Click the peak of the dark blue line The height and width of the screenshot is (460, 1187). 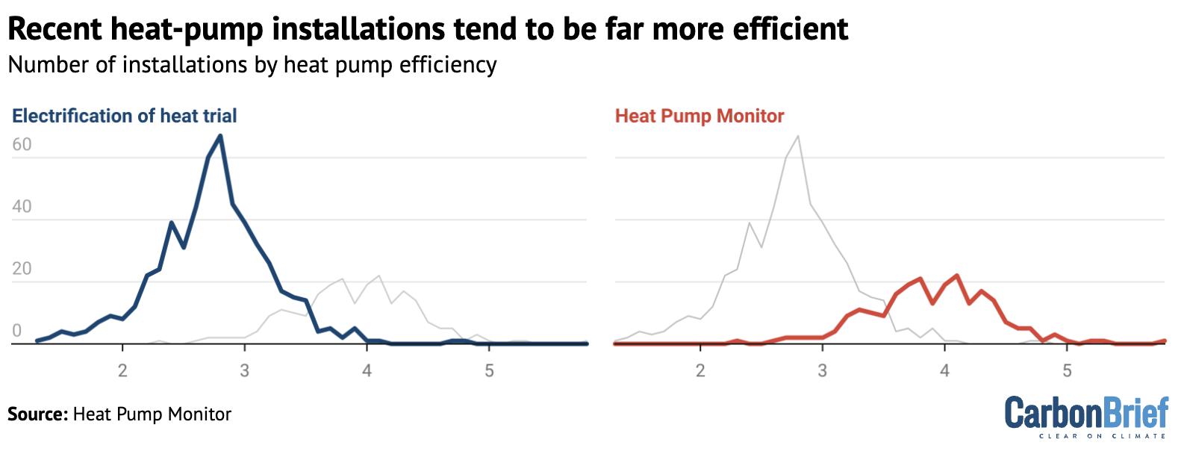click(x=220, y=136)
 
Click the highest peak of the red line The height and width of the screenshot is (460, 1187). click(x=957, y=276)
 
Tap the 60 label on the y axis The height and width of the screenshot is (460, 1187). click(x=22, y=145)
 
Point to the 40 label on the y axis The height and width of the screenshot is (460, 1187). click(x=22, y=207)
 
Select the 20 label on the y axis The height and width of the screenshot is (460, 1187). click(x=22, y=269)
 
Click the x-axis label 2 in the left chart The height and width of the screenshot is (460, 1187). click(x=122, y=371)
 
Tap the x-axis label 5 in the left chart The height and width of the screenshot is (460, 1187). click(x=489, y=371)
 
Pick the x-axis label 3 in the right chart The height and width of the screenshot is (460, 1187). click(x=822, y=371)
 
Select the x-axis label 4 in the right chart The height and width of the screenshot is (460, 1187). click(x=944, y=371)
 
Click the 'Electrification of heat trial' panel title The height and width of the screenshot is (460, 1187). click(x=125, y=116)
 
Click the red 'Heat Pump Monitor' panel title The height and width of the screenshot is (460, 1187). click(x=700, y=116)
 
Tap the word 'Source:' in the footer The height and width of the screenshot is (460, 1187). click(x=38, y=414)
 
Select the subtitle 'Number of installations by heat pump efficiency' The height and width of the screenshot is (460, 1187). click(x=252, y=65)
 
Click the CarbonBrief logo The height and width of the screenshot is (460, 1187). click(x=1086, y=413)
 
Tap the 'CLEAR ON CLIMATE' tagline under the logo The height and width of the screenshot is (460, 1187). click(x=1102, y=436)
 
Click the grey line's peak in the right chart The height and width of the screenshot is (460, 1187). click(x=798, y=136)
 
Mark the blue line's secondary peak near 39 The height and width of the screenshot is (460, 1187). click(x=172, y=223)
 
